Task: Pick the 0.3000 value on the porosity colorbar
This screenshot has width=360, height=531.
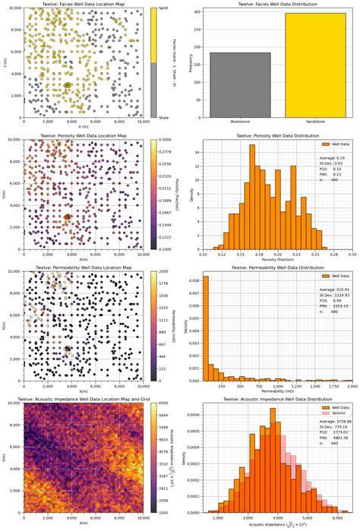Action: click(x=169, y=141)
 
